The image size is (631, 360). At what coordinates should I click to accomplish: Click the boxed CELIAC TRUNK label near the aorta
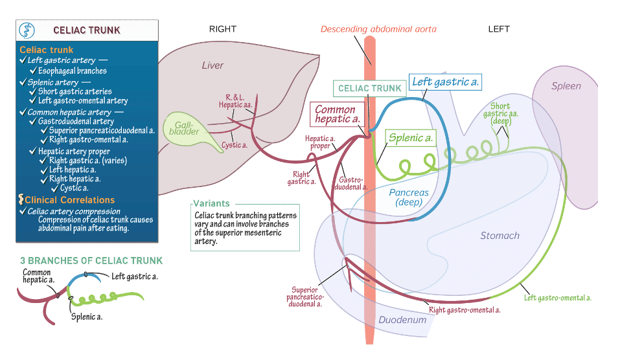coord(370,88)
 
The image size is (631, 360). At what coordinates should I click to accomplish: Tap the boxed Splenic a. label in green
coord(410,138)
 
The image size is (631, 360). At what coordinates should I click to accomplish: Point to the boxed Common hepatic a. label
coord(336,114)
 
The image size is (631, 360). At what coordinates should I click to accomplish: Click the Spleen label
coord(566,86)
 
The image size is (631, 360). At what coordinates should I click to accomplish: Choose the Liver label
coord(212,65)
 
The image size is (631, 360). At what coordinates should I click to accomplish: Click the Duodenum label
coord(402,320)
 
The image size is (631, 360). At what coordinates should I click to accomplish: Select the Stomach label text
coord(499,236)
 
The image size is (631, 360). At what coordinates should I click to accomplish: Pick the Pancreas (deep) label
coord(409,197)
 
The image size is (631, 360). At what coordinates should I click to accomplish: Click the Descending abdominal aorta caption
coord(378,29)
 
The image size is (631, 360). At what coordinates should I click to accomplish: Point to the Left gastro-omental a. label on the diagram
coord(557,298)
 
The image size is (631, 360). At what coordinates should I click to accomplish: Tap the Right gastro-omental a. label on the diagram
coord(465,309)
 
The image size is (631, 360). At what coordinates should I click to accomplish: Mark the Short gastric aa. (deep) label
coord(501,113)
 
